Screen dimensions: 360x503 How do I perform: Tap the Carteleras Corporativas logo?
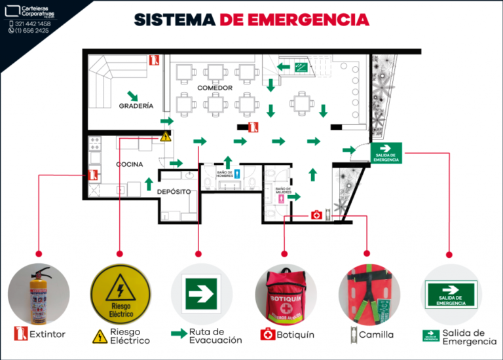33,12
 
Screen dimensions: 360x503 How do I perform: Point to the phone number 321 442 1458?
33,24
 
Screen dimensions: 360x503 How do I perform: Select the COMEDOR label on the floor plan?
213,87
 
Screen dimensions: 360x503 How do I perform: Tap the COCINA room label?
130,164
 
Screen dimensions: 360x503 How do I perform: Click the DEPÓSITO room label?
174,192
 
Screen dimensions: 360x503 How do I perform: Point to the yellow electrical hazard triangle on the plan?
165,137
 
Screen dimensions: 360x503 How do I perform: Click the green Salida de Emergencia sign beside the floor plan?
386,153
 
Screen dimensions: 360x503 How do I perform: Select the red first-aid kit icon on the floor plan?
316,215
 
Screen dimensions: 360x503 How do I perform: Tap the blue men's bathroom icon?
238,174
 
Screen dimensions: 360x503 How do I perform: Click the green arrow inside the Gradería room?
133,96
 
